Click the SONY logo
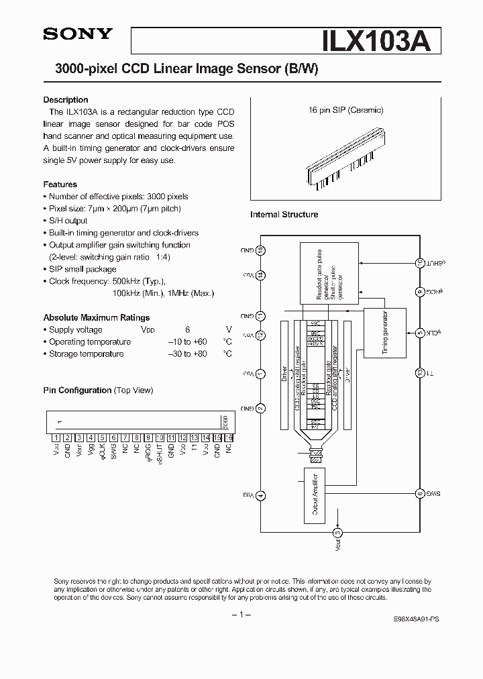point(78,35)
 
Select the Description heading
point(66,100)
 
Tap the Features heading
point(60,185)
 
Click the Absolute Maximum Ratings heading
point(97,317)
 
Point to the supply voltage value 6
point(188,329)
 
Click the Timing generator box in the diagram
point(384,331)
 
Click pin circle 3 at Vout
point(337,533)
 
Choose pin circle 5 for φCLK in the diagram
point(420,333)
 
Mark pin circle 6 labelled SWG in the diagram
point(420,493)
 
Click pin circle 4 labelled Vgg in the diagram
point(261,496)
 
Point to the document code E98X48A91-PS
point(413,621)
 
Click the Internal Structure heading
point(284,215)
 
